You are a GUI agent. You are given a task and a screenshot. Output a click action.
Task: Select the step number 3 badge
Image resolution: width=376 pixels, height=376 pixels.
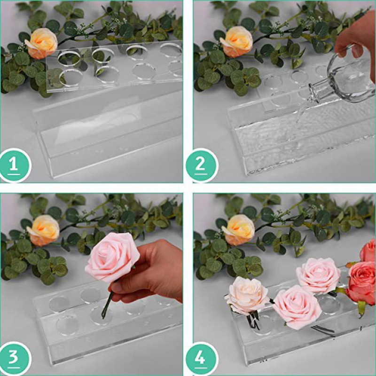[x=14, y=358]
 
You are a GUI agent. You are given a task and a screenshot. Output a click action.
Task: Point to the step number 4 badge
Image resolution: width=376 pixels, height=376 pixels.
[x=201, y=358]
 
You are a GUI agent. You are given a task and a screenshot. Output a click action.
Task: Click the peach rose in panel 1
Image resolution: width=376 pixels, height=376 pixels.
[x=42, y=43]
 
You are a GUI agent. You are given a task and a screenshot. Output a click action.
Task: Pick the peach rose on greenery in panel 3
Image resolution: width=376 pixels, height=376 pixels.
[x=44, y=230]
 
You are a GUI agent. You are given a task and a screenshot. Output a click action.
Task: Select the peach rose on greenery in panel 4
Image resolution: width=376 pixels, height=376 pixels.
[x=239, y=229]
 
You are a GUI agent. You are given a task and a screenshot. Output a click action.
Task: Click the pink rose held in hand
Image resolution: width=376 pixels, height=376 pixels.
[x=112, y=257]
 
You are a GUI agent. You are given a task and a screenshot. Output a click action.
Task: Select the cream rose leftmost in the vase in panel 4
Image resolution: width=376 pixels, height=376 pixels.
[x=247, y=295]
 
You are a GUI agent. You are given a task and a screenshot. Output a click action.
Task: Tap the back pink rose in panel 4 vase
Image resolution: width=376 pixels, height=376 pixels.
[x=318, y=275]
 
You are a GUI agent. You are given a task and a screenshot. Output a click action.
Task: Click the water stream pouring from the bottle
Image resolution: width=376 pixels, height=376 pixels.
[x=301, y=113]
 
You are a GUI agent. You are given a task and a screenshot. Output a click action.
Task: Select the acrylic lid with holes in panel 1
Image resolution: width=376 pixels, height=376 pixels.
[x=117, y=66]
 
